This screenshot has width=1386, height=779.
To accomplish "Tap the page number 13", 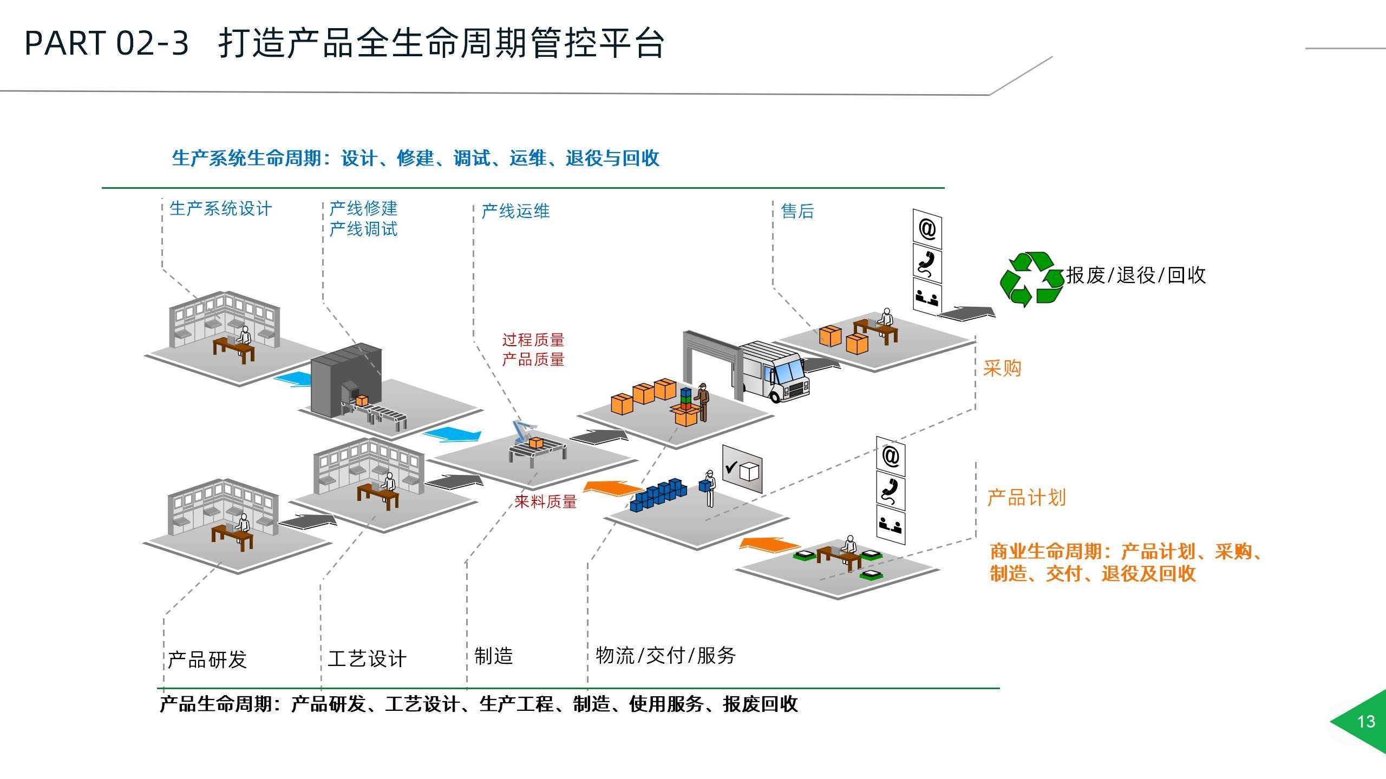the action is pyautogui.click(x=1366, y=722).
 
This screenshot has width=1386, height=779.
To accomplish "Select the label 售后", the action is pyautogui.click(x=797, y=211).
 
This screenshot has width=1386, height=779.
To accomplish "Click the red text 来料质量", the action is pyautogui.click(x=545, y=501).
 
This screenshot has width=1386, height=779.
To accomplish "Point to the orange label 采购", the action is pyautogui.click(x=1002, y=368).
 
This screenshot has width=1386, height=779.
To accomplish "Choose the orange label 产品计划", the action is pyautogui.click(x=1027, y=498).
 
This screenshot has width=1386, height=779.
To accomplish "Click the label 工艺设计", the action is pyautogui.click(x=367, y=659).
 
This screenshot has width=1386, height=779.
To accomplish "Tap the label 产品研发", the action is pyautogui.click(x=207, y=659).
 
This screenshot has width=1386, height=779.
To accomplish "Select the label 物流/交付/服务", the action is pyautogui.click(x=666, y=656).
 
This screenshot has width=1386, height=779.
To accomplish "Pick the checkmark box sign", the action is pyautogui.click(x=742, y=469).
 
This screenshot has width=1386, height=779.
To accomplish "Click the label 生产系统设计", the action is pyautogui.click(x=220, y=209).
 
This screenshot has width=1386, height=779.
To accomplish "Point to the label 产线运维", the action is pyautogui.click(x=515, y=211).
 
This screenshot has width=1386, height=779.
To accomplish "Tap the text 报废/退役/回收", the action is pyautogui.click(x=1136, y=275).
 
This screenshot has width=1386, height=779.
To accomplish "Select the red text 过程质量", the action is pyautogui.click(x=533, y=340).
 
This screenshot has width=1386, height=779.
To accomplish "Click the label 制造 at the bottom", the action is pyautogui.click(x=493, y=656).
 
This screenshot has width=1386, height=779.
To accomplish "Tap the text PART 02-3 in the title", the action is pyautogui.click(x=107, y=43).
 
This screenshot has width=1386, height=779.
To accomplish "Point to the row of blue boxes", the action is pyautogui.click(x=658, y=494).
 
